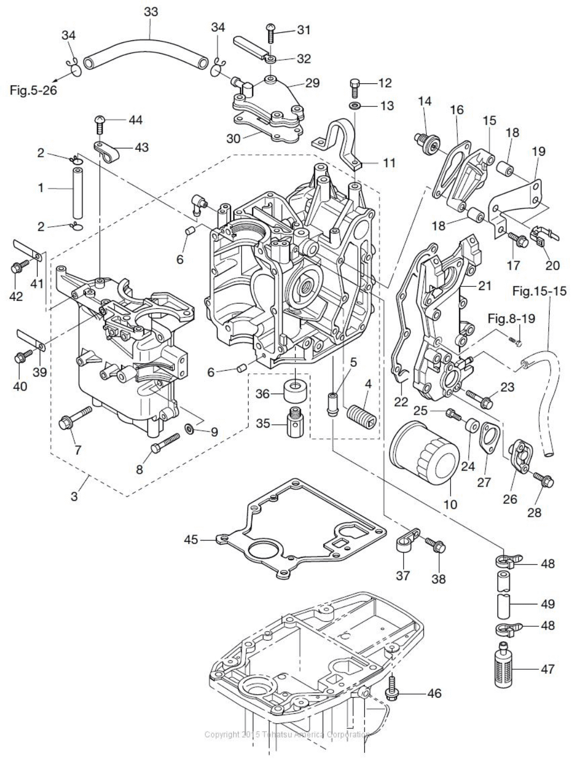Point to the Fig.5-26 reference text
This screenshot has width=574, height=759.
pos(33,90)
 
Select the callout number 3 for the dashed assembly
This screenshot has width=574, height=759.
pos(74,495)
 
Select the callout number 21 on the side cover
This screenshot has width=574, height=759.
pos(485,286)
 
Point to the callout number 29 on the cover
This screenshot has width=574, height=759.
pos(312,83)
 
